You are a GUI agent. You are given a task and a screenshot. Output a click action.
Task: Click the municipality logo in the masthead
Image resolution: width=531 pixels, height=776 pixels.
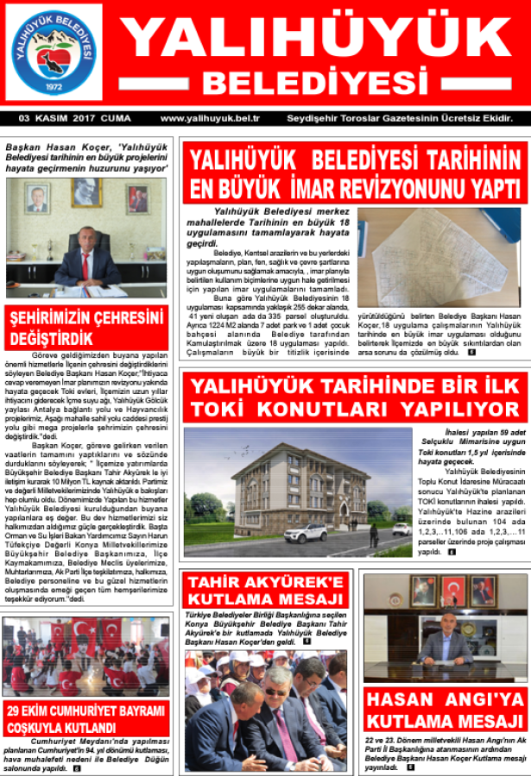(53, 53)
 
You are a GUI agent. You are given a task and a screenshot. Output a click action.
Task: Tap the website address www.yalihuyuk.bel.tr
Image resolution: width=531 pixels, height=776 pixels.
(210, 118)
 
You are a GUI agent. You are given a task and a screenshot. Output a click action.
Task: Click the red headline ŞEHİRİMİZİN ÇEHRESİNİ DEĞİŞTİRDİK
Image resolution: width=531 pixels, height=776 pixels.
(86, 327)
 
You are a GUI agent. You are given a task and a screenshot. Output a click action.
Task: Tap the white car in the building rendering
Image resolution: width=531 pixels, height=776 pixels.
(305, 533)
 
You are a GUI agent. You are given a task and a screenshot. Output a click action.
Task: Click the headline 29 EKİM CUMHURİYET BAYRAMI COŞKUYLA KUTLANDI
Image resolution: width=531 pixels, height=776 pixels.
(85, 718)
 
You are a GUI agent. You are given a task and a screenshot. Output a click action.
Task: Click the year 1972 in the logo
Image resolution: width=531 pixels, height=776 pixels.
(54, 89)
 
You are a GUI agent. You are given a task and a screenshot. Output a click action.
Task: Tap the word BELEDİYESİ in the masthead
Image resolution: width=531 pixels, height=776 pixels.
(313, 83)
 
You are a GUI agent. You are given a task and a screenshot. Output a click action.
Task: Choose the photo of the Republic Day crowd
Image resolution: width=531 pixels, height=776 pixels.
(85, 655)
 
